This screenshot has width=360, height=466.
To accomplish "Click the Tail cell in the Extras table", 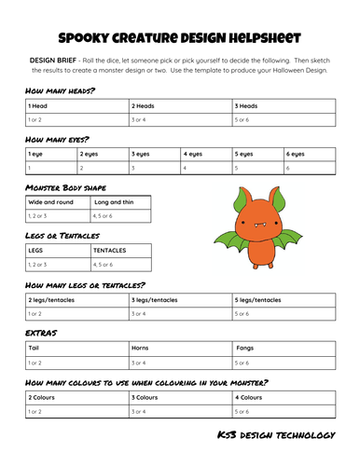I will tap(75, 348).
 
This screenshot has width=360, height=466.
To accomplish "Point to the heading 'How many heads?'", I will tap(62, 91).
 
